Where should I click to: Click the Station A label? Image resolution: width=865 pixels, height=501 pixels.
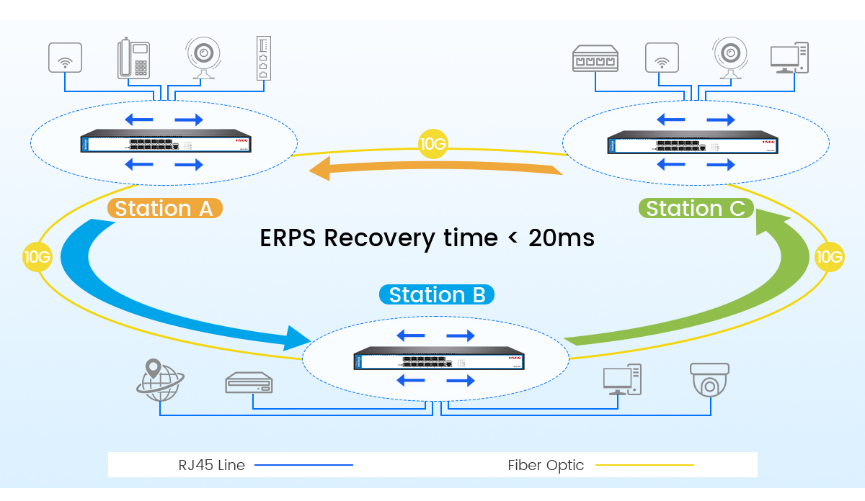164,209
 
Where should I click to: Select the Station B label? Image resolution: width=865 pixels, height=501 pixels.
437,294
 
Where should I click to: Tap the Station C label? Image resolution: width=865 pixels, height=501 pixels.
696,209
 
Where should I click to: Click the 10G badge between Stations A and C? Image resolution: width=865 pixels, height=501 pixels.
432,144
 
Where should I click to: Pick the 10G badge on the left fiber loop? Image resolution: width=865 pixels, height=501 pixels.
37,256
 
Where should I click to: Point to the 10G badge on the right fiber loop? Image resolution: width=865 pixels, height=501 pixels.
829,257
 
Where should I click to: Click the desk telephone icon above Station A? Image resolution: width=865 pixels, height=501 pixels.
133,58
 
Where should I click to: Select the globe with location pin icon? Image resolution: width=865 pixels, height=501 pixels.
159,380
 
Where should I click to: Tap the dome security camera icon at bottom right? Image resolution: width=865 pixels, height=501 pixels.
711,379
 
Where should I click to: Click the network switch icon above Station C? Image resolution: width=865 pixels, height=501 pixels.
595,58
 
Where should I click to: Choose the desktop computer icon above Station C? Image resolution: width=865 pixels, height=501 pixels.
789,58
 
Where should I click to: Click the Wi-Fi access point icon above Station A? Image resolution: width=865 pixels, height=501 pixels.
65,58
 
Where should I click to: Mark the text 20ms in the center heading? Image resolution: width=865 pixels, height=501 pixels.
561,238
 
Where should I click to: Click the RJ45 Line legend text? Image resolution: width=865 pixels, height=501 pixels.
212,465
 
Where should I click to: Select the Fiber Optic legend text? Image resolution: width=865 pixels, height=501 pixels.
546,465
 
